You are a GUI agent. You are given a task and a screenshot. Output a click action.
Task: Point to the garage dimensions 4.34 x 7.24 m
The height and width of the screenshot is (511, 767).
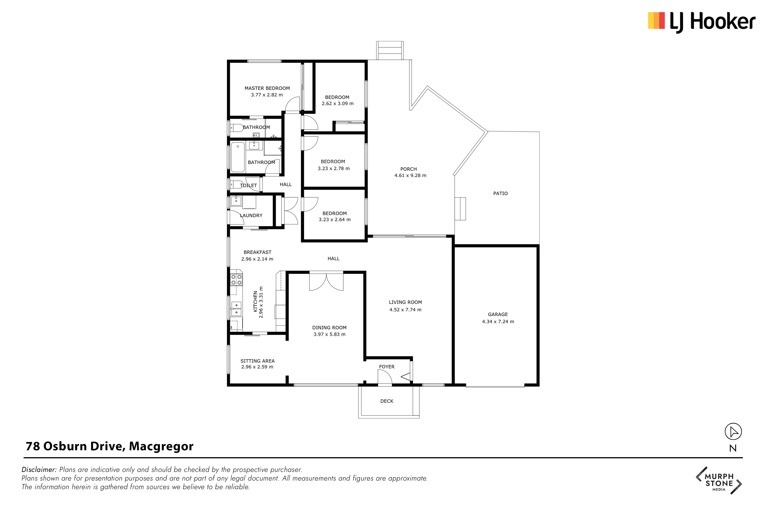point(498,321)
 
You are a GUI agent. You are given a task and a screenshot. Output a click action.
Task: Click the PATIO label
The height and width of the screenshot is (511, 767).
point(501,194)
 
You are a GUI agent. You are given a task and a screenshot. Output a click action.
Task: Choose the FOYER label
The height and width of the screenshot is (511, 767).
point(387,367)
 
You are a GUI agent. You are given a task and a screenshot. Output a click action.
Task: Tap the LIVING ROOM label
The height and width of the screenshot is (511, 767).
point(405,302)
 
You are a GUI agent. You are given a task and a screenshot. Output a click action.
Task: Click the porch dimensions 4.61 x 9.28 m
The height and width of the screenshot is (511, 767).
point(410,175)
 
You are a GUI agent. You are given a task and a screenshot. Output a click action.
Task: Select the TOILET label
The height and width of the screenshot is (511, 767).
point(249,185)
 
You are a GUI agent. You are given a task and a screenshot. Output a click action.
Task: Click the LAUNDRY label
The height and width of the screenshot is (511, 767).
point(251,215)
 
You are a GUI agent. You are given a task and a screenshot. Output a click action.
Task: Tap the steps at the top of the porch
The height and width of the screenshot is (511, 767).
point(390,51)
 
